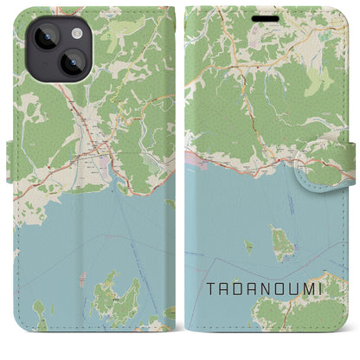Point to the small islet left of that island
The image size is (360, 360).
247,245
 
